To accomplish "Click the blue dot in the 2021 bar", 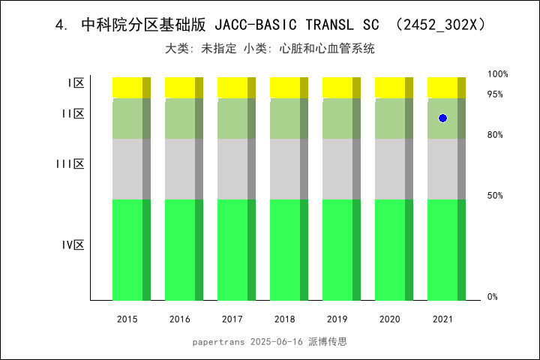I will tap(442, 118).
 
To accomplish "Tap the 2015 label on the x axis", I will tap(127, 319).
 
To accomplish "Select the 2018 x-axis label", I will tap(285, 319).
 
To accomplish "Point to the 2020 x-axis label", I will tap(390, 319).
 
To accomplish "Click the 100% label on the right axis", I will tap(498, 74).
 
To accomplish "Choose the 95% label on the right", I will tap(495, 94).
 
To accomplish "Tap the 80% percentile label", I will tap(495, 135).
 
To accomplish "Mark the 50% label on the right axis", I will tap(495, 196).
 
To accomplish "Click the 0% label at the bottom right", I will tap(493, 297).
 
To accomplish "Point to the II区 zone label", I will tap(73, 114).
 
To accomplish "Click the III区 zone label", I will tap(70, 163).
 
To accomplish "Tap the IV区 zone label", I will tap(73, 244).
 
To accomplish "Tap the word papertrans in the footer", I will tap(217, 341).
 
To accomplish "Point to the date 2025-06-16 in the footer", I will tap(274, 341).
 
